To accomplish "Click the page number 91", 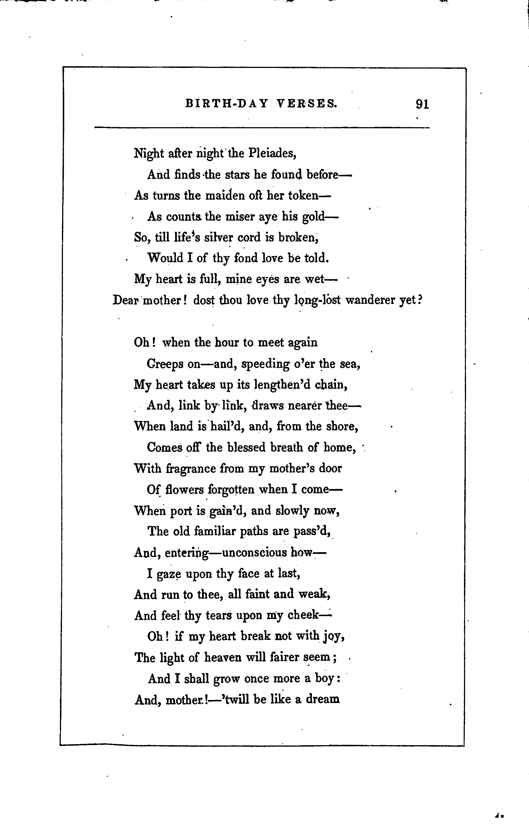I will (x=422, y=104).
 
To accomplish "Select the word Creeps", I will (x=165, y=364).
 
